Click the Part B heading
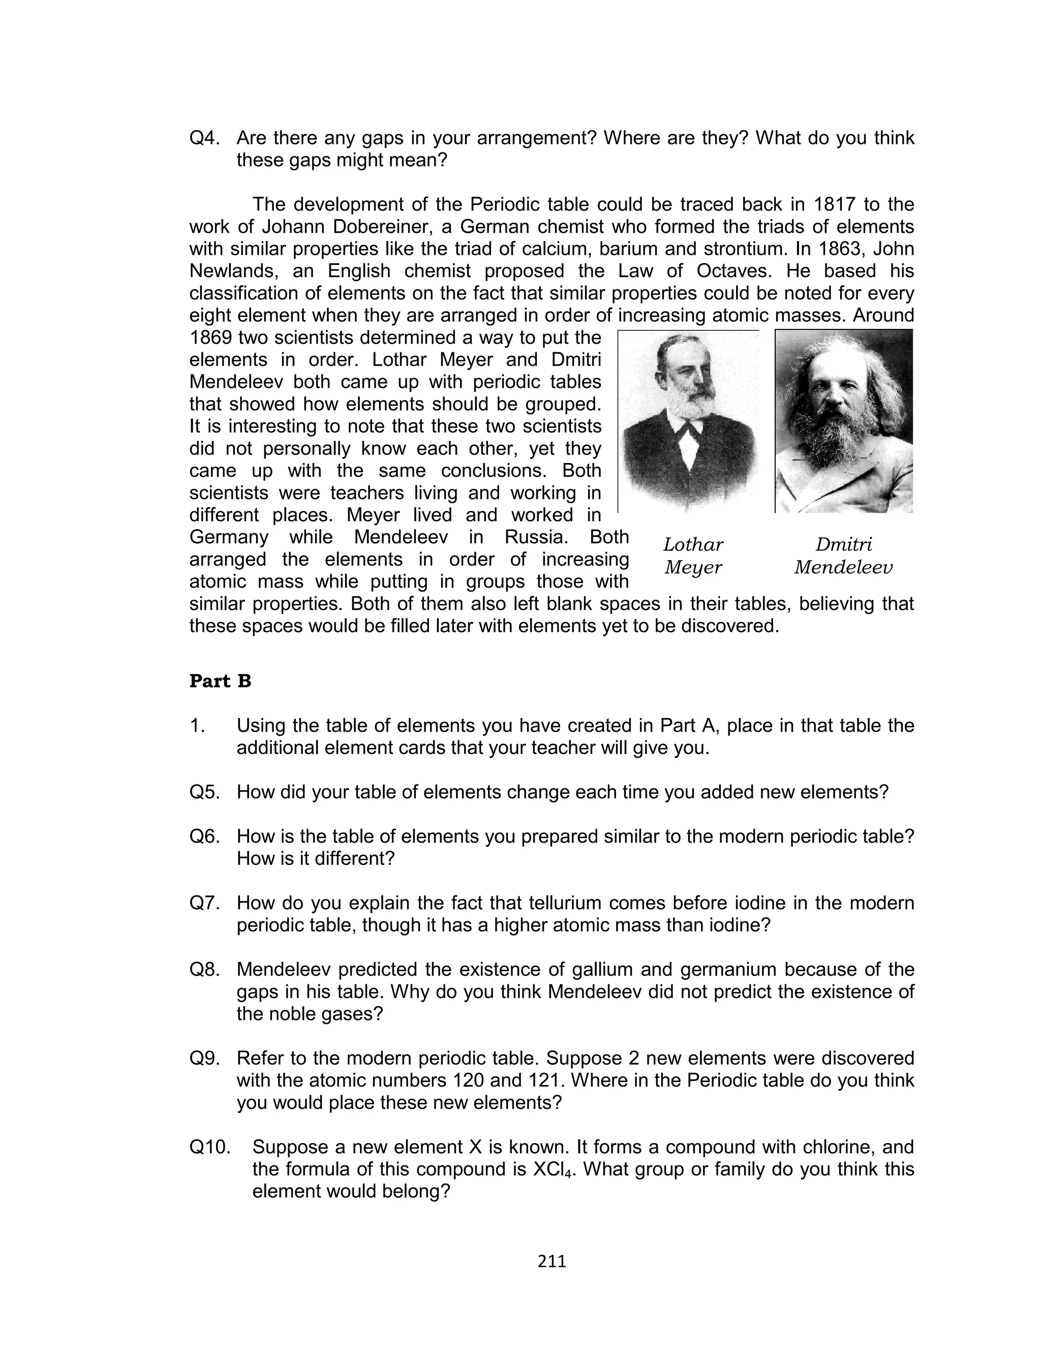coord(220,681)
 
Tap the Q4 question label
coord(204,138)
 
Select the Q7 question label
coord(204,903)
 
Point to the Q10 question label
coord(209,1147)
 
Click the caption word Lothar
coord(693,545)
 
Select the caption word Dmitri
coord(843,545)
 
